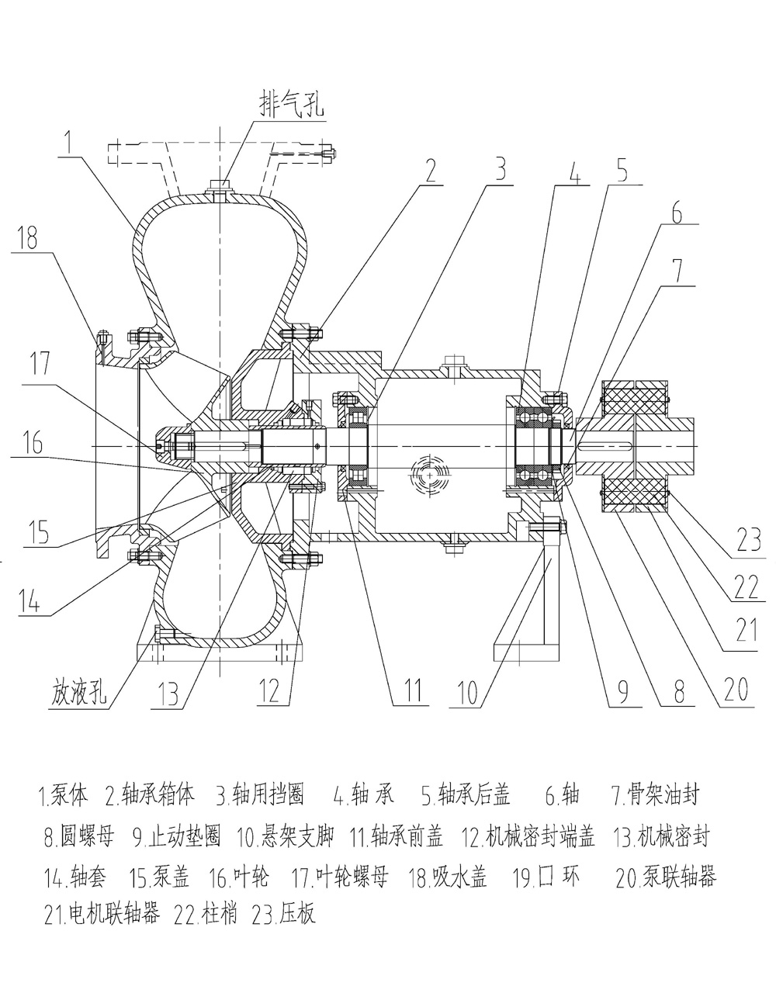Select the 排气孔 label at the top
(291, 106)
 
